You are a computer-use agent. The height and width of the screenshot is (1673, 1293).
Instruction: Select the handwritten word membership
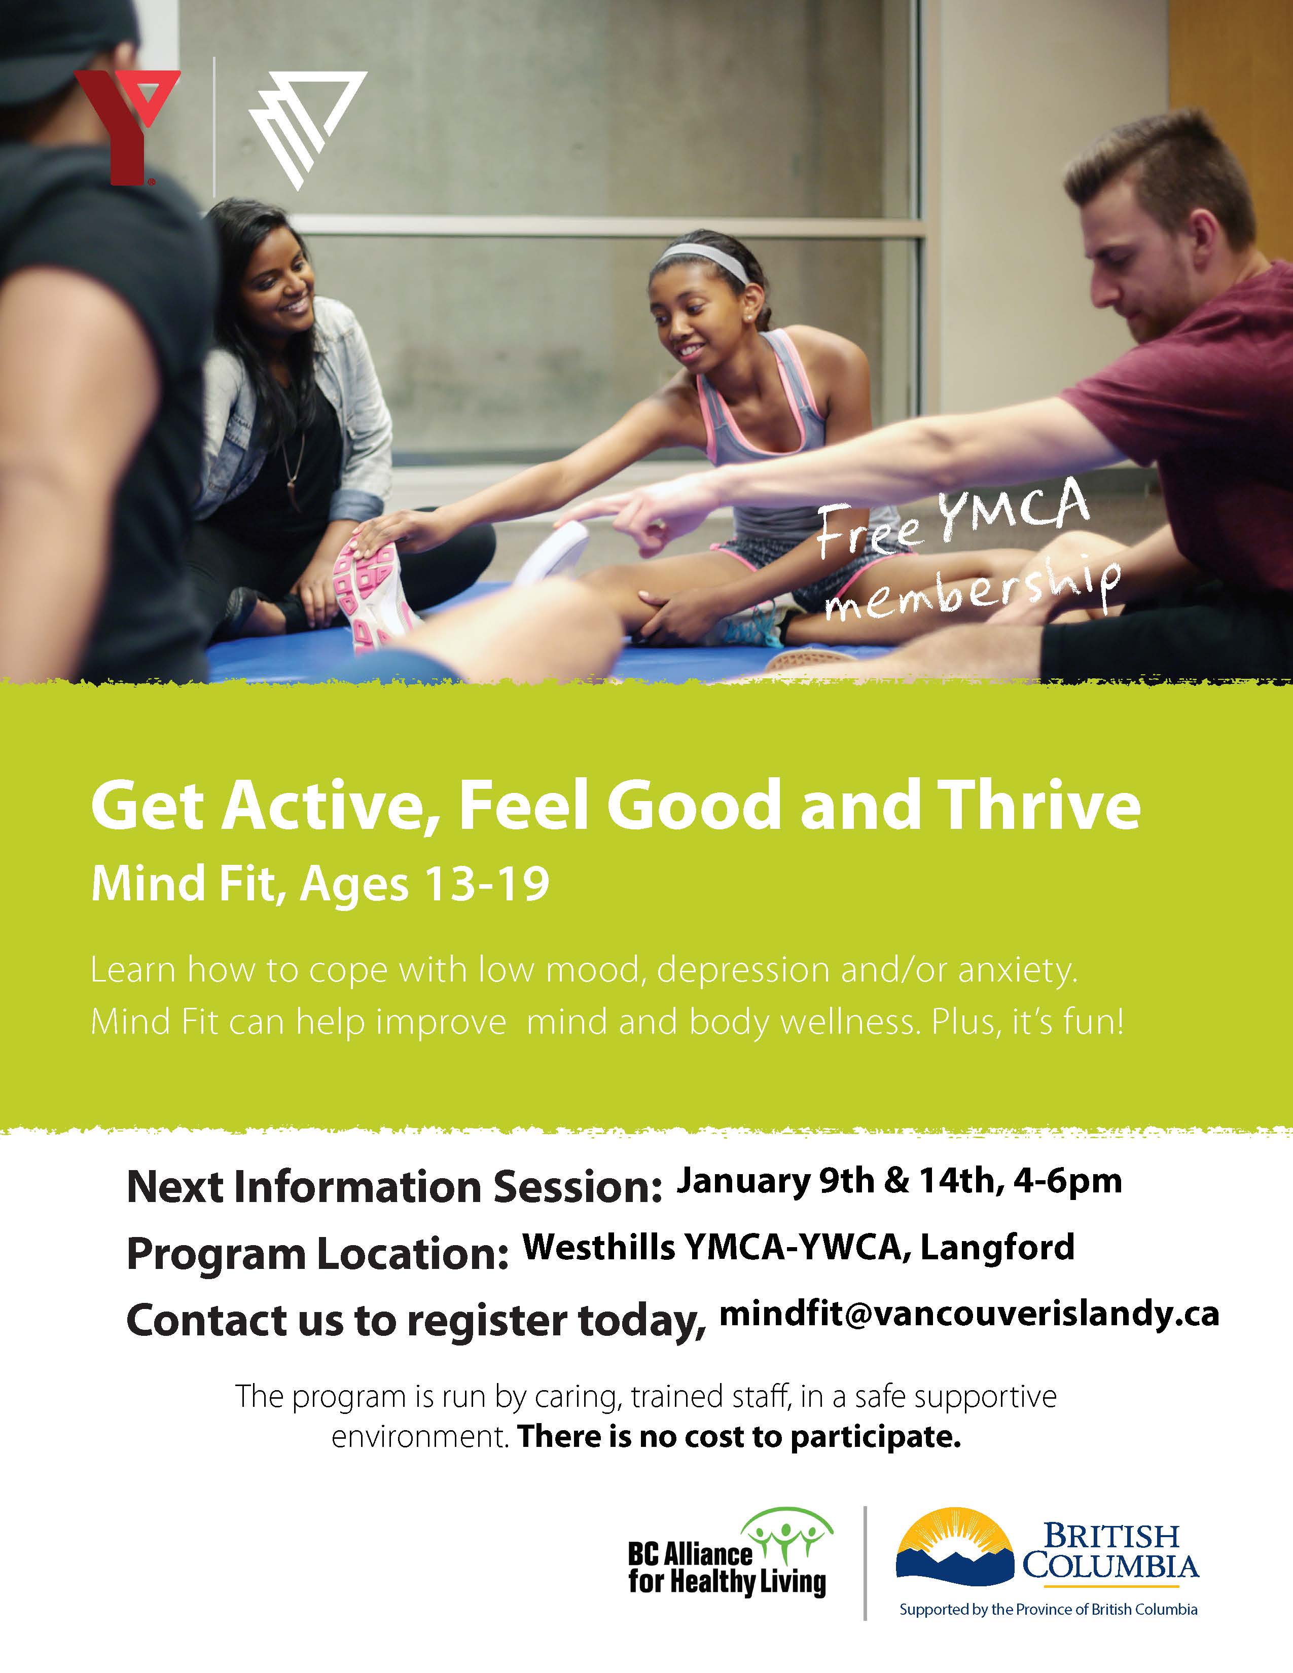[973, 590]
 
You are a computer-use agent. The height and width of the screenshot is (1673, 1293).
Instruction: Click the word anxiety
[1017, 971]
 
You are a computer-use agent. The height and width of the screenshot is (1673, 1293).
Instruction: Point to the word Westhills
[599, 1247]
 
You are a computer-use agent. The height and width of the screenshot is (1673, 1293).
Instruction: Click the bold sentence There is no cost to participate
[739, 1436]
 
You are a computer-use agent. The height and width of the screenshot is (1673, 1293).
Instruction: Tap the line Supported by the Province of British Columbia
[1048, 1610]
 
